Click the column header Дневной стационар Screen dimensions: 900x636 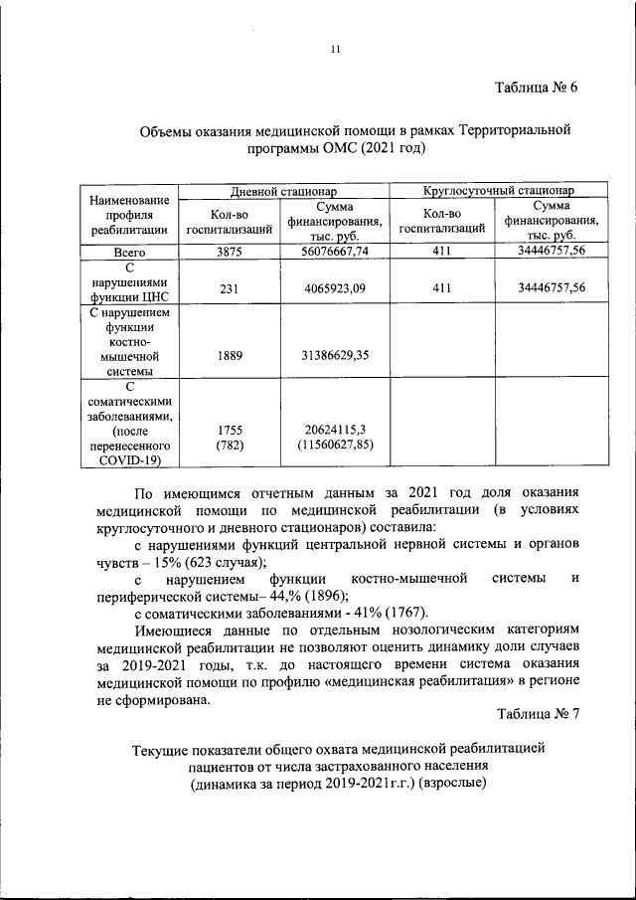284,190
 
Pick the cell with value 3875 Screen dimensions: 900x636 230,252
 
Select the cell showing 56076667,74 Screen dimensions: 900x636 335,252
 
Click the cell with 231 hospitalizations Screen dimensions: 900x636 230,288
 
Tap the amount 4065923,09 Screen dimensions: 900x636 335,288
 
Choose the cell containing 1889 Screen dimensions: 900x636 230,355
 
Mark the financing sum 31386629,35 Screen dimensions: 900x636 335,355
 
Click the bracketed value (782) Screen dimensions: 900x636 230,445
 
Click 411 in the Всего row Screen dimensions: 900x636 441,252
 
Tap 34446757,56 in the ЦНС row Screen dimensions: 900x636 552,288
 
